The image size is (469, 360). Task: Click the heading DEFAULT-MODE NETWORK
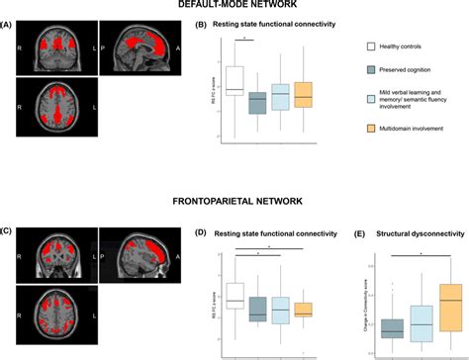pos(234,7)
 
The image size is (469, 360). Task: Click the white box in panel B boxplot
pos(234,80)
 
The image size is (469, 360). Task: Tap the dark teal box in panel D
pos(257,308)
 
